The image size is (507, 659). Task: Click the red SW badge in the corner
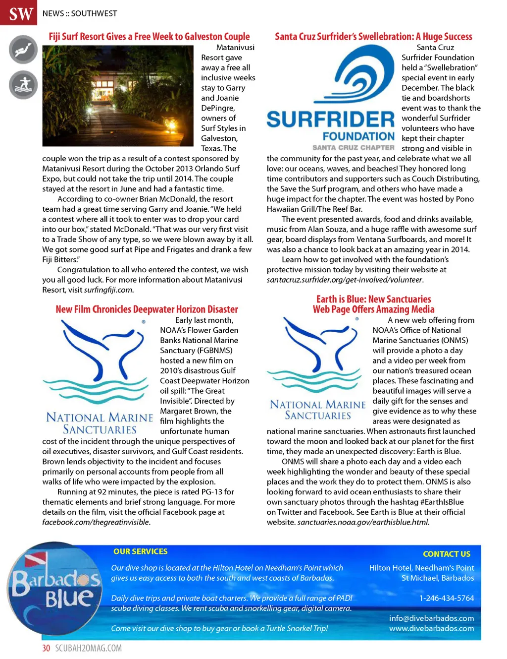click(x=19, y=13)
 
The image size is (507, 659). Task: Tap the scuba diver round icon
click(x=23, y=50)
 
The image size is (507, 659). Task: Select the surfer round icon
click(x=23, y=84)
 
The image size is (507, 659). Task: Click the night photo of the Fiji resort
click(x=118, y=96)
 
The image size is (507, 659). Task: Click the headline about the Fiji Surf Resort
click(x=149, y=37)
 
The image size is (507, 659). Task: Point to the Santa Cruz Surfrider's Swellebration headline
click(x=373, y=37)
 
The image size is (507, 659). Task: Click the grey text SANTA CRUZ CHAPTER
click(x=353, y=148)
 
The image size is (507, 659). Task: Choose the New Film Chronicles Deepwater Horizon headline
click(x=147, y=309)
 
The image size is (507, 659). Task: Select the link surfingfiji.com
click(x=108, y=290)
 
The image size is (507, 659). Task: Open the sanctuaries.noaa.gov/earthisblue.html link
click(x=363, y=522)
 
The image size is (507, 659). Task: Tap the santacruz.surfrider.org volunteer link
click(x=345, y=280)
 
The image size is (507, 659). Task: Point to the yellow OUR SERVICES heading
click(x=140, y=551)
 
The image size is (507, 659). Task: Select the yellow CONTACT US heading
click(x=446, y=554)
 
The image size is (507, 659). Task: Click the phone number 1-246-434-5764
click(x=446, y=599)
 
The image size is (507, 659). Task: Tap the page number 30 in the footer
click(x=46, y=648)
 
